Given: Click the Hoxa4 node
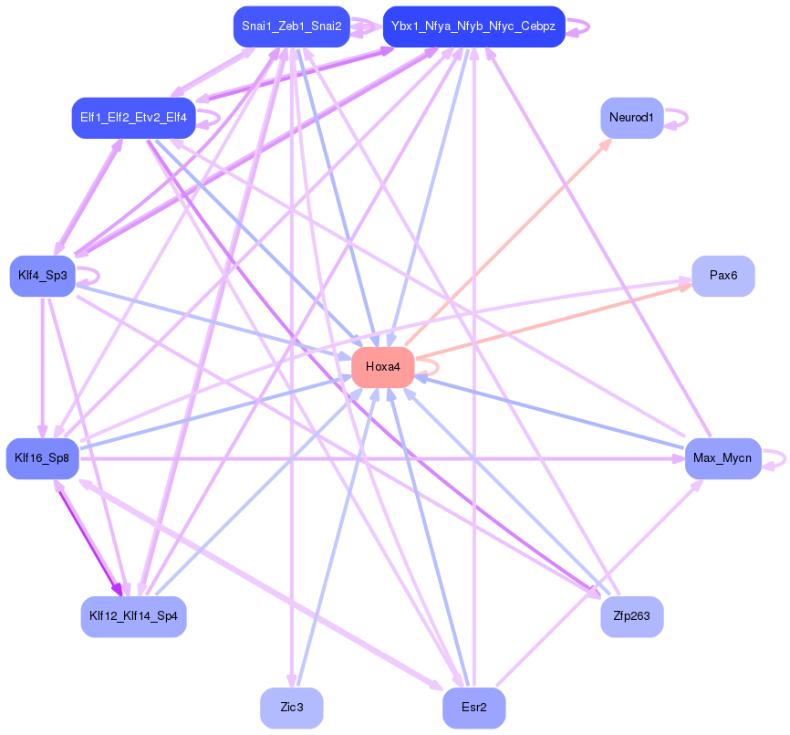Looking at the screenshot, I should (x=382, y=367).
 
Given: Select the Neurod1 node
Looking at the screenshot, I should (x=631, y=118).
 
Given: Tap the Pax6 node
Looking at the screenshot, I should (x=722, y=276).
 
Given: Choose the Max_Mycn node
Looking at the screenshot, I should (x=722, y=457).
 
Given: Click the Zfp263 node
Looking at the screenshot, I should (x=631, y=616).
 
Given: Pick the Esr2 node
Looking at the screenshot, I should (x=473, y=708).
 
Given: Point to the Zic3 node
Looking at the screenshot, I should (x=291, y=708).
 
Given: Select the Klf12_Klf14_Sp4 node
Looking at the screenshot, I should (x=134, y=616).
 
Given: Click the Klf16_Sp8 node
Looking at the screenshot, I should (x=42, y=458).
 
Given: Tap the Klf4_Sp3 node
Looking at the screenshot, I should (x=42, y=276).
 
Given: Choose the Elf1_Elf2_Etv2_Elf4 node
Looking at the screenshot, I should (x=133, y=118).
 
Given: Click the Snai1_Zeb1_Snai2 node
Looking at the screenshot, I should (x=291, y=26).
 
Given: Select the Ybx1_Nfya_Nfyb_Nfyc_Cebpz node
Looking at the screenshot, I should (x=473, y=26).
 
